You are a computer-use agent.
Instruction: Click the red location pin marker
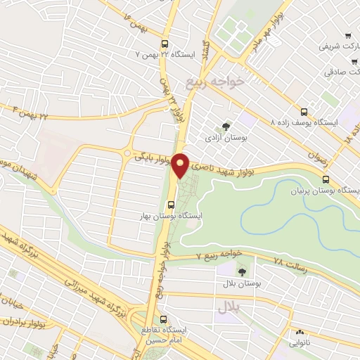[x=180, y=164]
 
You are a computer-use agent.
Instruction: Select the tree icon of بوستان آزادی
[x=226, y=127]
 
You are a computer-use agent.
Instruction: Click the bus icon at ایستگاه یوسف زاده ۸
[x=304, y=111]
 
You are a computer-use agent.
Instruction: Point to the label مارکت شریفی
[x=334, y=46]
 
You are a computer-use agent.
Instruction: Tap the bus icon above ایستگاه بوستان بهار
[x=170, y=205]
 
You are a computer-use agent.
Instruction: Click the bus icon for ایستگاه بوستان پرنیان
[x=324, y=179]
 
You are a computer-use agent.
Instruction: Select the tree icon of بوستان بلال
[x=242, y=271]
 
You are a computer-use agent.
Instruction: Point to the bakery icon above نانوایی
[x=300, y=332]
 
